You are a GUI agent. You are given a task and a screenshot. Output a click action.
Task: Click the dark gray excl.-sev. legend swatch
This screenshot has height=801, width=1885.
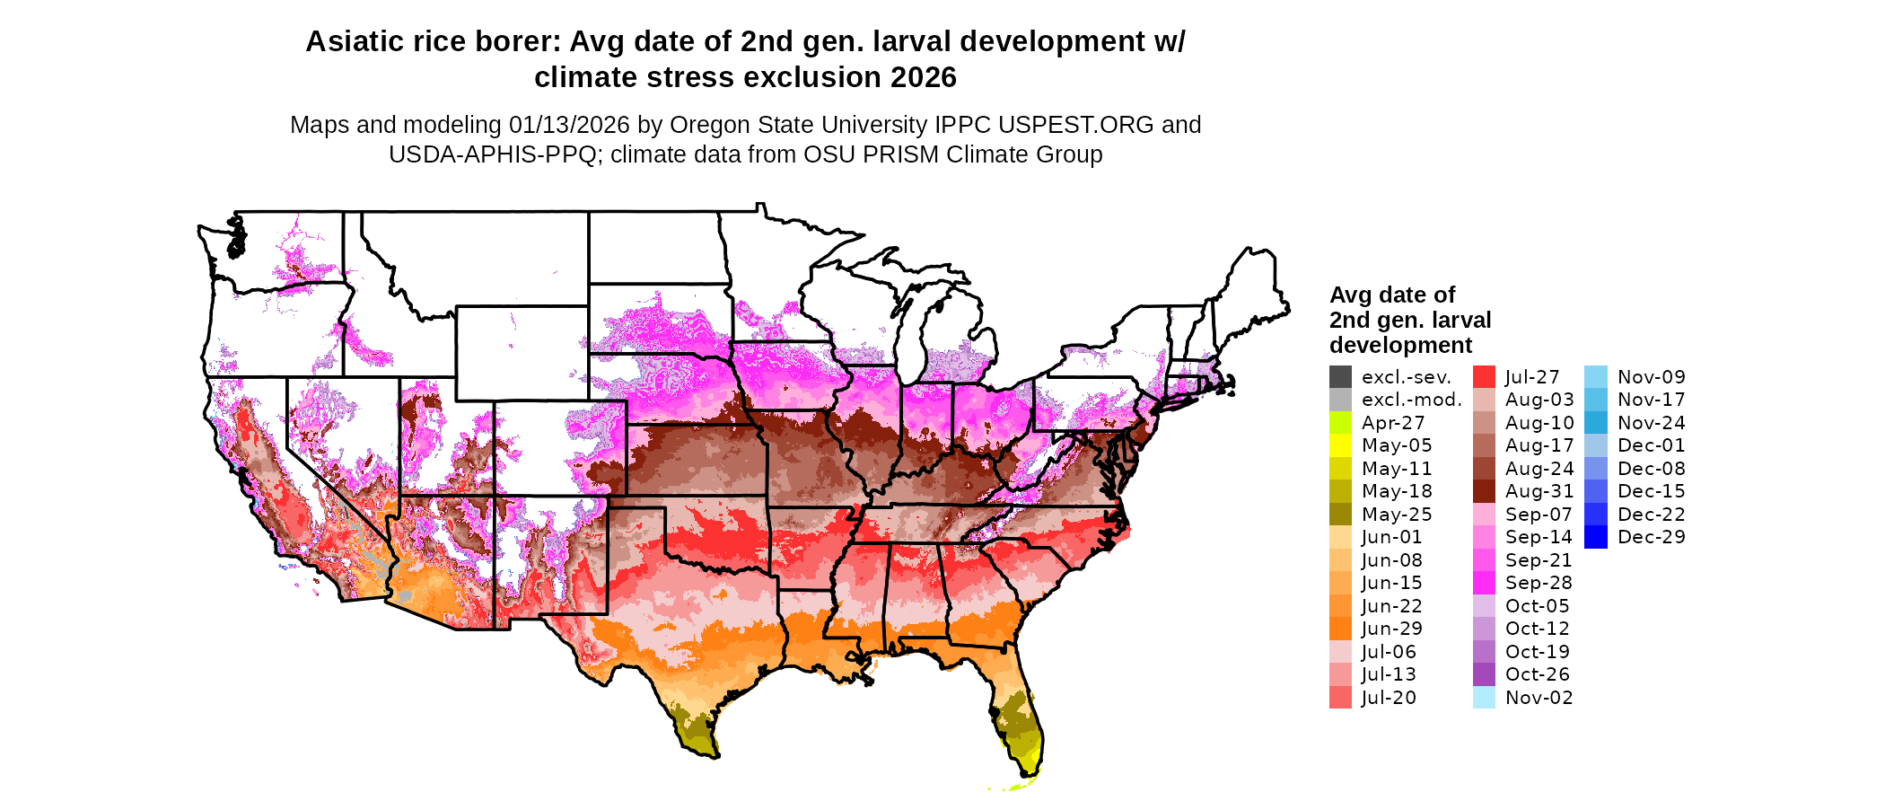click(x=1340, y=377)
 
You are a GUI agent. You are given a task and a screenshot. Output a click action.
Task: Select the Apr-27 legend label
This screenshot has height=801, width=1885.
click(x=1392, y=423)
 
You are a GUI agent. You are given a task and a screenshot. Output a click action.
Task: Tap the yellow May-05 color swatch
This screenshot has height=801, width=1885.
click(x=1340, y=445)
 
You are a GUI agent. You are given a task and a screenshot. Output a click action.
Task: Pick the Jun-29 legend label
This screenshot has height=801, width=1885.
click(x=1391, y=629)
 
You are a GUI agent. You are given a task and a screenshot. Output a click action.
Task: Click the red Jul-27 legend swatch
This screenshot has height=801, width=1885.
click(x=1484, y=377)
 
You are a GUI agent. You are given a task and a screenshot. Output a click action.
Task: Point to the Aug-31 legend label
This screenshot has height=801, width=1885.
click(x=1539, y=491)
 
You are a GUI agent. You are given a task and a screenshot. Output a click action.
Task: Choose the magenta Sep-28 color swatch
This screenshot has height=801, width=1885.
click(x=1484, y=583)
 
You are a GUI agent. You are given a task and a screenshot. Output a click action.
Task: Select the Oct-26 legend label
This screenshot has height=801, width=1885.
click(x=1537, y=674)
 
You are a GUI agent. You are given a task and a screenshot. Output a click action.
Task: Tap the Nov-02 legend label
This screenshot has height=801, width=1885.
click(x=1539, y=698)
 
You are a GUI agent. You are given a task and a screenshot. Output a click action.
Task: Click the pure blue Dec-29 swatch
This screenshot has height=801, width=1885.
click(x=1595, y=537)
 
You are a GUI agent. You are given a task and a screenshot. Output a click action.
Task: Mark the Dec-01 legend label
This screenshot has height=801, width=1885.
click(x=1651, y=445)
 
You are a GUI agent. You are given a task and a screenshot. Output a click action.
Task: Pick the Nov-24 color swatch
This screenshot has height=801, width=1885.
click(x=1595, y=423)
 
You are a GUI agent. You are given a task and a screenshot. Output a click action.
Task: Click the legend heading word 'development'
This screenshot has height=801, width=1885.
click(x=1400, y=346)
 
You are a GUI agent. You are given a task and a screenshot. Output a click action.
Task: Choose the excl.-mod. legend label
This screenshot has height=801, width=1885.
click(x=1411, y=400)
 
